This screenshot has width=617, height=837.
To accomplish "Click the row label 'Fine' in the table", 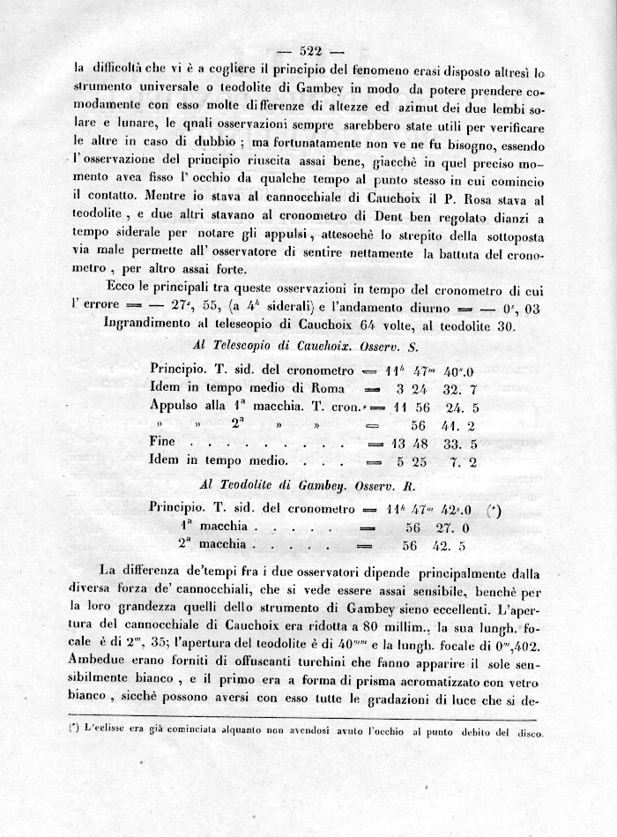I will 163,441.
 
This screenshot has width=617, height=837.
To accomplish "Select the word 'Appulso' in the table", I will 179,407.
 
